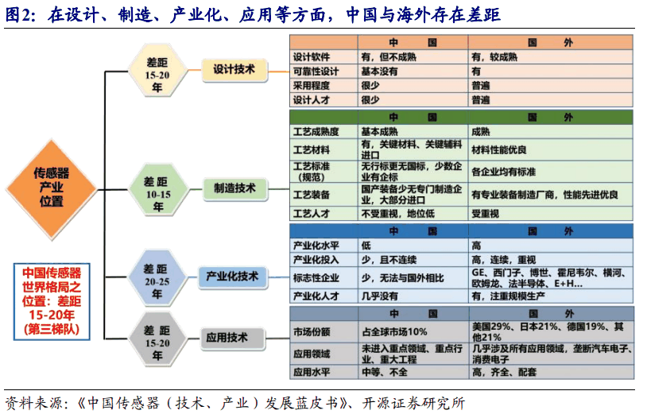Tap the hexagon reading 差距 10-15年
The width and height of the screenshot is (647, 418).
(157, 188)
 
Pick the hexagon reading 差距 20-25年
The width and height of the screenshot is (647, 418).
(156, 276)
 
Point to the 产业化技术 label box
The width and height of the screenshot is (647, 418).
(232, 276)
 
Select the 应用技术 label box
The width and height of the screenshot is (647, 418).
(231, 337)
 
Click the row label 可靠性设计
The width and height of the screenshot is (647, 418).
(315, 71)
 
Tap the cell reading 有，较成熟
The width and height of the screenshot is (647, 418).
(494, 57)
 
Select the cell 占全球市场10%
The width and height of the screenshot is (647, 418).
(394, 331)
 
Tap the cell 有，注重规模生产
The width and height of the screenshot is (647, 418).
(515, 296)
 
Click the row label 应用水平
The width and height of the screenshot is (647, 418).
(313, 371)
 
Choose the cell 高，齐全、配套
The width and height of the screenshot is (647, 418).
(505, 371)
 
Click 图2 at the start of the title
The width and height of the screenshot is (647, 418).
(18, 15)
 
